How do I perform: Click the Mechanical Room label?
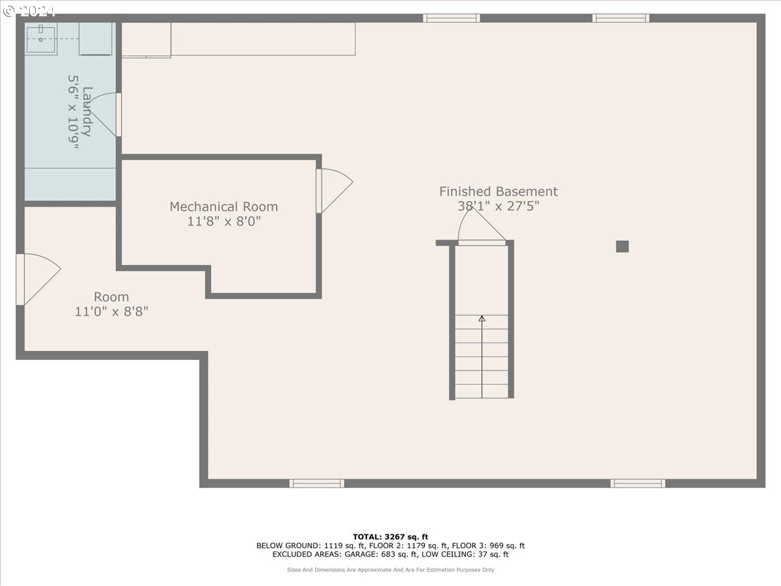coord(223,206)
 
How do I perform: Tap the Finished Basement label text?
coord(498,191)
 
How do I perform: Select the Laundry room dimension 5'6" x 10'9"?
coord(73,112)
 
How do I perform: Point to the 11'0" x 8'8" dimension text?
coord(111,312)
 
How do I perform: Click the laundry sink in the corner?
coord(40,39)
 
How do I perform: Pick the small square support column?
coord(622,246)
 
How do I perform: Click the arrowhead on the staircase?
coord(482,318)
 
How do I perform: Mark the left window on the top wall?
coord(451,18)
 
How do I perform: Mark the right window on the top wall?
coord(620,18)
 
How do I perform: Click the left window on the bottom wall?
coord(317,483)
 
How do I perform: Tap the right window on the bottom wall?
coord(638,483)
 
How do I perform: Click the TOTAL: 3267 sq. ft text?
coord(390,537)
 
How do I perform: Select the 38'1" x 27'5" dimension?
coord(498,206)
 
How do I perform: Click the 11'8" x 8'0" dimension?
coord(224,221)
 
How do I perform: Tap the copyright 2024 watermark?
coord(29,11)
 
